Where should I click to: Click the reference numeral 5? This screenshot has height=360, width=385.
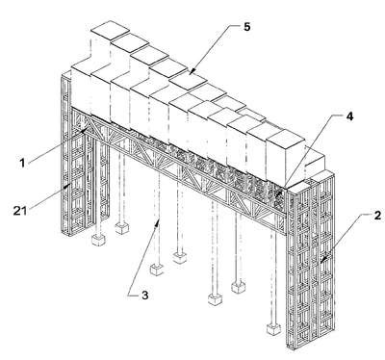tap(246, 27)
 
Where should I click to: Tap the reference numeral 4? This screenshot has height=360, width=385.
tap(349, 116)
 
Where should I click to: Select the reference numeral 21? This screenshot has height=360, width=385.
tap(19, 211)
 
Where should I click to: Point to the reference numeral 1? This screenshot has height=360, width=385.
tap(22, 163)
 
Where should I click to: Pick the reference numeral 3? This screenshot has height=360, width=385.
tap(145, 295)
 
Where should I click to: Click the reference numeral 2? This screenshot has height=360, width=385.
tap(377, 216)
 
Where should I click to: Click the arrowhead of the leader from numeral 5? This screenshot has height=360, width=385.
tap(191, 72)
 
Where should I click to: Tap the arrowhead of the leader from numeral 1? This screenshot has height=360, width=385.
tap(84, 130)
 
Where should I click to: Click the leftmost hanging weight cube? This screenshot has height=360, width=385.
tap(98, 240)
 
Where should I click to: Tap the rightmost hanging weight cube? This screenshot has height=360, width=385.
tap(273, 329)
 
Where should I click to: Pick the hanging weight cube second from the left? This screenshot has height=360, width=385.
tap(122, 228)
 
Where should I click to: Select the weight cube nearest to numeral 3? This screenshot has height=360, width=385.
tap(157, 270)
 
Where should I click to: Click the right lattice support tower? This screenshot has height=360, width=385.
tap(311, 260)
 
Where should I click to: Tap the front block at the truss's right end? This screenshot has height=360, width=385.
tap(286, 160)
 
